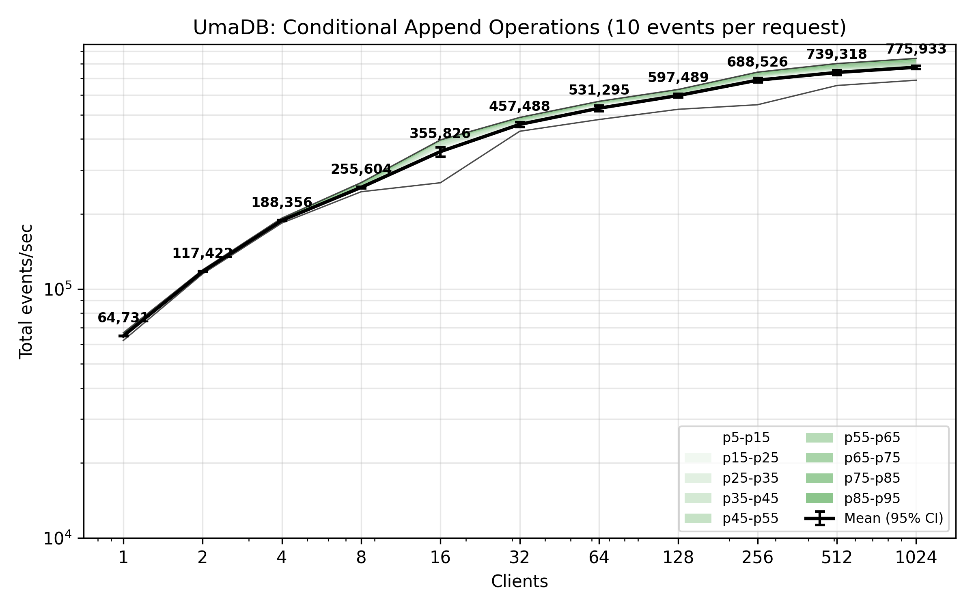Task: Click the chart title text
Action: pos(519,28)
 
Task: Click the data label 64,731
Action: pos(123,318)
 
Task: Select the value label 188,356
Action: pos(282,202)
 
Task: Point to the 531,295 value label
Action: pos(599,90)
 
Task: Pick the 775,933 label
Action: pos(916,49)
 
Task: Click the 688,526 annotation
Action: pos(757,62)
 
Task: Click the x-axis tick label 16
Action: pos(440,558)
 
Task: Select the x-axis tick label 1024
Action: pos(916,558)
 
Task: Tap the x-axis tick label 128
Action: pos(678,558)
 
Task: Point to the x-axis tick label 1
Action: pos(123,558)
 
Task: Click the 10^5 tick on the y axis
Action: pos(57,289)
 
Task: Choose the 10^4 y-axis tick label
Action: pos(57,538)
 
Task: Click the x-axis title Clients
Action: pos(519,581)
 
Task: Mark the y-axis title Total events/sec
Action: pos(26,292)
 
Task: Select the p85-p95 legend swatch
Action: pos(819,498)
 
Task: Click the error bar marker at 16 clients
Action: pos(440,152)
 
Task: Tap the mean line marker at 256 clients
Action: pos(758,80)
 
